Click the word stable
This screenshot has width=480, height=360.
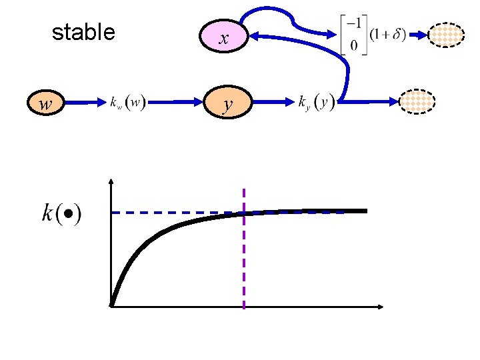click(83, 32)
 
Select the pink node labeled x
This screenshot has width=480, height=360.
click(224, 39)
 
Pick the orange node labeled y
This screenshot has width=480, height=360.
click(228, 103)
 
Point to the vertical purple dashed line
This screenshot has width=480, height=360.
click(244, 267)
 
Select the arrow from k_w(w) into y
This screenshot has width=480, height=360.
click(177, 103)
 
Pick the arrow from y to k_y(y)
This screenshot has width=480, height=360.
click(273, 103)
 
